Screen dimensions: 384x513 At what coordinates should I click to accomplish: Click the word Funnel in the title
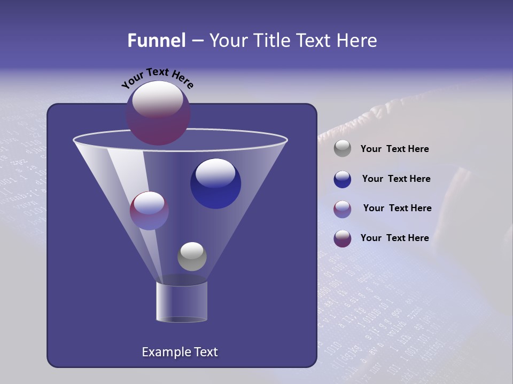[x=157, y=41]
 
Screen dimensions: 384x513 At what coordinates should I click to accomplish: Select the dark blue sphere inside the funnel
[x=215, y=183]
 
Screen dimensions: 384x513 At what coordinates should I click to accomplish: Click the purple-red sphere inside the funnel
[x=149, y=211]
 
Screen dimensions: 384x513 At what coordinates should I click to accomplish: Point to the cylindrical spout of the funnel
[x=182, y=302]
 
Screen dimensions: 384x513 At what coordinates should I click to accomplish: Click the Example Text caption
[x=180, y=352]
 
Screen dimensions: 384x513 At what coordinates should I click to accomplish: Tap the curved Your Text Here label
[x=158, y=78]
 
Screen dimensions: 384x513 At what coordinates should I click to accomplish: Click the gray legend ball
[x=343, y=148]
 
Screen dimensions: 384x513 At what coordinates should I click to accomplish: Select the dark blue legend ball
[x=343, y=179]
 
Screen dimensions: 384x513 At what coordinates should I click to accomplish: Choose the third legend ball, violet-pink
[x=343, y=209]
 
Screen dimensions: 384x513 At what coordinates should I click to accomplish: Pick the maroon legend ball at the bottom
[x=343, y=238]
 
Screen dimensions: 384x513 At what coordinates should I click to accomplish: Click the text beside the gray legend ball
[x=394, y=149]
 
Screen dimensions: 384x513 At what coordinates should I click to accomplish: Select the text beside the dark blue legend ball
[x=396, y=179]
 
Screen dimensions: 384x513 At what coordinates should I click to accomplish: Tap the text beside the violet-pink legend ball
[x=397, y=209]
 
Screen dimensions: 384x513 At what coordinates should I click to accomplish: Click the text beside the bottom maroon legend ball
[x=394, y=238]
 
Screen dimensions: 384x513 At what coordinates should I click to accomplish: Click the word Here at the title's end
[x=357, y=41]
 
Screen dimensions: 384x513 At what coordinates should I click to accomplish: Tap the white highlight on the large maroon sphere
[x=157, y=99]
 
